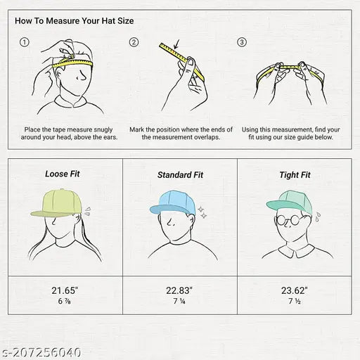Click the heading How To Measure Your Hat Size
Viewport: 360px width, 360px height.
click(75, 21)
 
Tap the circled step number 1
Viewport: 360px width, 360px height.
click(25, 42)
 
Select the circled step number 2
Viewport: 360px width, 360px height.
click(134, 42)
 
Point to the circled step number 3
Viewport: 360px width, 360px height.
click(242, 42)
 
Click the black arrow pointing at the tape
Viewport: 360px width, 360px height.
click(176, 44)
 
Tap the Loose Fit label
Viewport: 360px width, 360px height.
click(63, 174)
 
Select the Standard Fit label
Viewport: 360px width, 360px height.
click(180, 175)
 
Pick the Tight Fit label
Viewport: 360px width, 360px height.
click(295, 175)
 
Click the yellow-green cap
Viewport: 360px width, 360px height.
click(56, 203)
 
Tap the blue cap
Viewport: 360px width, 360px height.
click(173, 202)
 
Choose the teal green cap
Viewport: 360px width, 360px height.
click(290, 202)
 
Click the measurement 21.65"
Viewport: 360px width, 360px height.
click(65, 290)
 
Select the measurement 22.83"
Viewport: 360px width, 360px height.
click(179, 290)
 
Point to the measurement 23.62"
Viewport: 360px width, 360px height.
click(295, 290)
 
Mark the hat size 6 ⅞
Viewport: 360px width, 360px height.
click(64, 301)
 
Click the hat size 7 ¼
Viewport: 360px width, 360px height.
click(179, 301)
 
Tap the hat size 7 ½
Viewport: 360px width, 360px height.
click(295, 301)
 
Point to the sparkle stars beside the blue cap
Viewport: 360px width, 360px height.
click(202, 212)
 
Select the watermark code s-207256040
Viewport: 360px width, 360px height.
click(40, 352)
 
